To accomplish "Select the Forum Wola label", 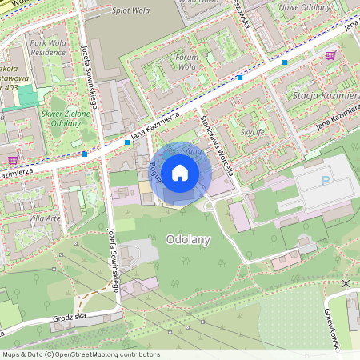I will (x=186, y=62).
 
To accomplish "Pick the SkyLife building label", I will (x=252, y=130).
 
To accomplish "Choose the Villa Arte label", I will (x=45, y=218).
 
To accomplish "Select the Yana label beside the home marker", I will (x=193, y=150).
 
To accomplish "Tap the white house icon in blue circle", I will (x=180, y=173).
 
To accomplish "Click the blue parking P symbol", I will (x=326, y=181).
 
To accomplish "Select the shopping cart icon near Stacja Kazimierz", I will (x=330, y=55).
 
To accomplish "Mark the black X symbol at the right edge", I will (x=346, y=284).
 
